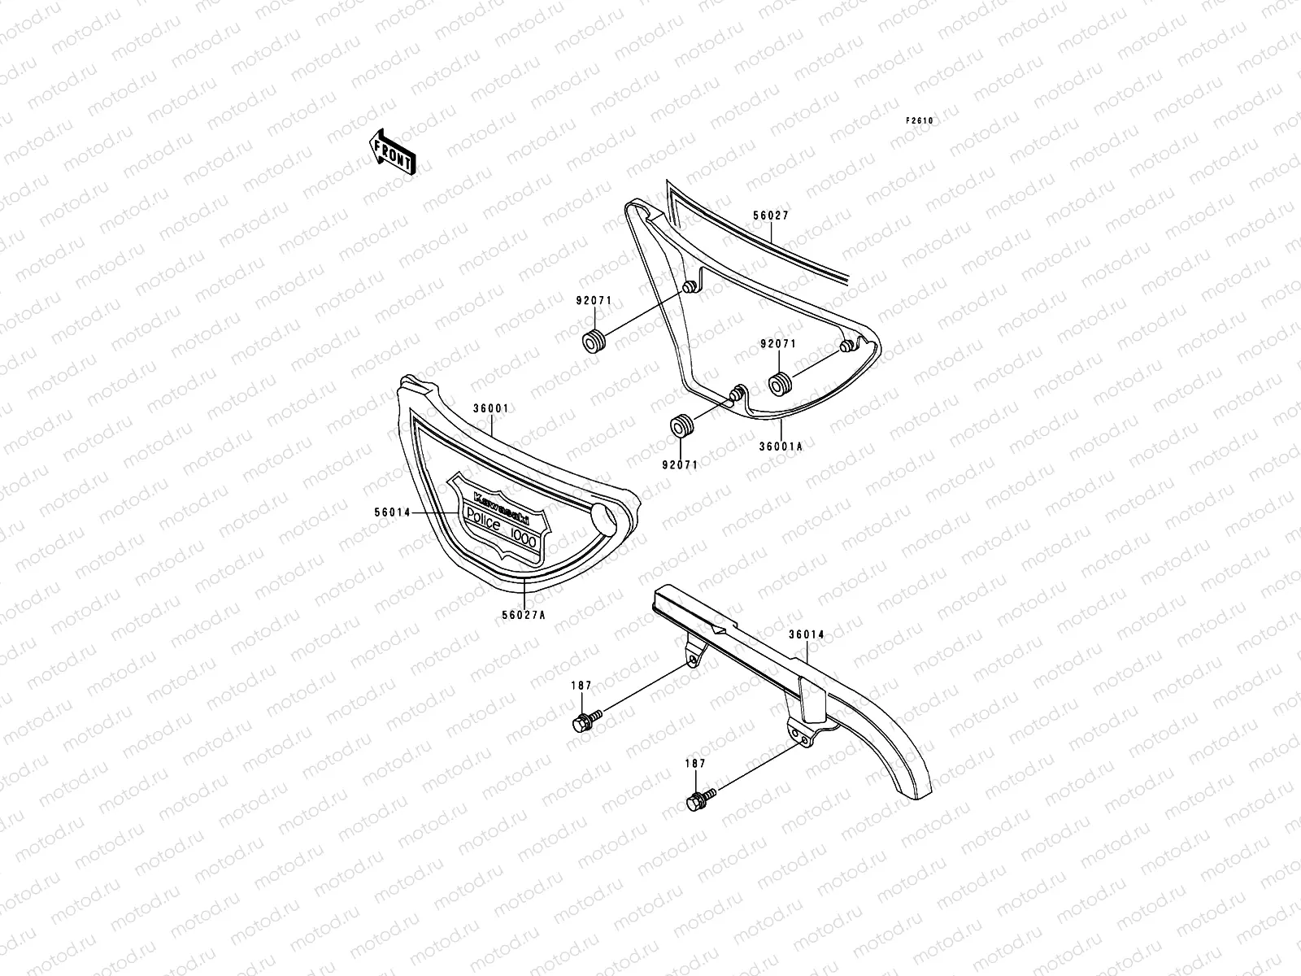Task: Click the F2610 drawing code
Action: point(920,120)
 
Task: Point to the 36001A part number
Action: point(781,446)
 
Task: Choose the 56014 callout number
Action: point(392,513)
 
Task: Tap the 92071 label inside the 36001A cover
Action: point(777,344)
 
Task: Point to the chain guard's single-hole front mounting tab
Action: point(691,656)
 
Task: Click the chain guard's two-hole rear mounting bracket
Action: point(800,734)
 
